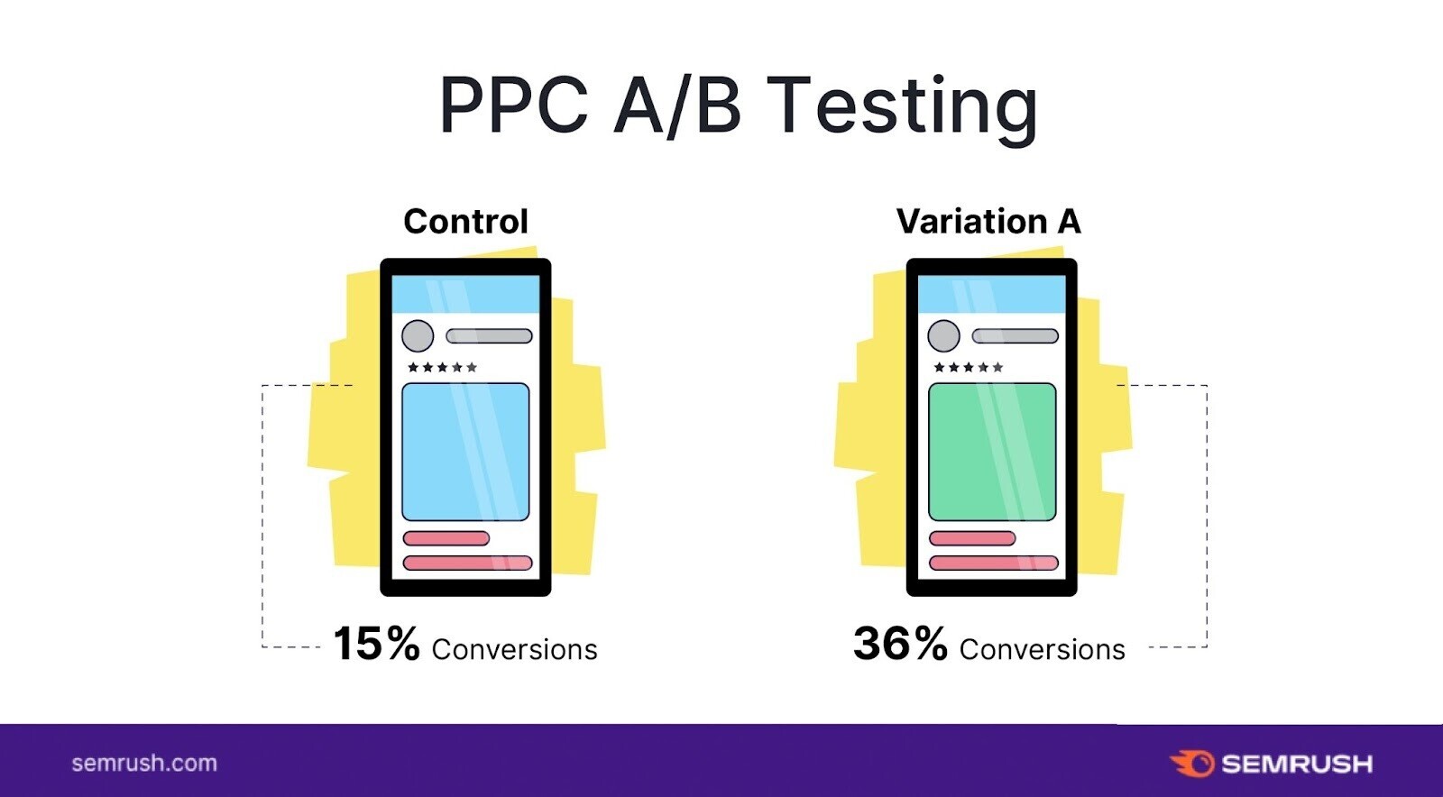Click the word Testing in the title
[902, 106]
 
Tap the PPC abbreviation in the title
[514, 105]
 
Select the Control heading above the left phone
[465, 222]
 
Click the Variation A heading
[988, 222]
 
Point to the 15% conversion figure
[376, 643]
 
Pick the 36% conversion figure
[900, 643]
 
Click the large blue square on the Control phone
[465, 452]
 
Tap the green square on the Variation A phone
[992, 452]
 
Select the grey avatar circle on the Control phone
[418, 335]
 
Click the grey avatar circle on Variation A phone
[943, 335]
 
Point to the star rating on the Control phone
[443, 367]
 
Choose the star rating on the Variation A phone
[969, 367]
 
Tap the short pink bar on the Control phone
[446, 538]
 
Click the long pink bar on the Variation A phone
[993, 563]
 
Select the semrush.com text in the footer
[144, 764]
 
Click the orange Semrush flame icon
[1192, 765]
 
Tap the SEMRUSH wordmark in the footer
[1297, 765]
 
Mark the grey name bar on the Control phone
[489, 336]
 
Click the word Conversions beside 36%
[1042, 649]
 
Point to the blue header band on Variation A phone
[991, 294]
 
